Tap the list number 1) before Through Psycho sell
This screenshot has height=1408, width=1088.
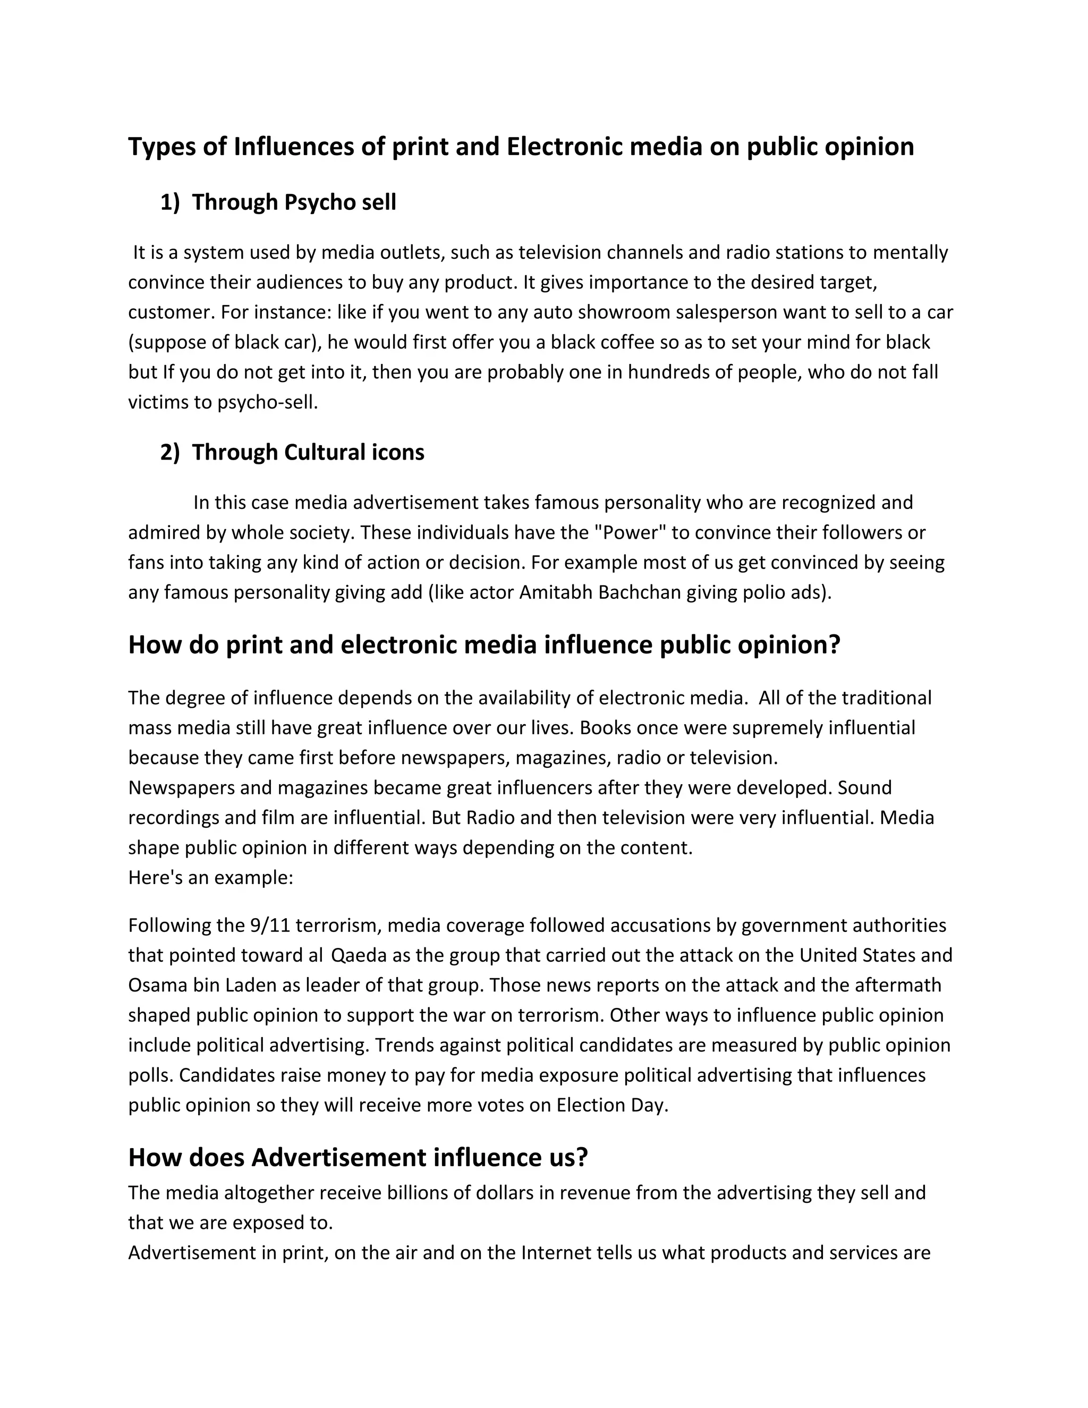(169, 202)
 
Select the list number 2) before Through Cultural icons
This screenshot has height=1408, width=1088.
(169, 453)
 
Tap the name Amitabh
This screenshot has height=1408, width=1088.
(556, 592)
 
